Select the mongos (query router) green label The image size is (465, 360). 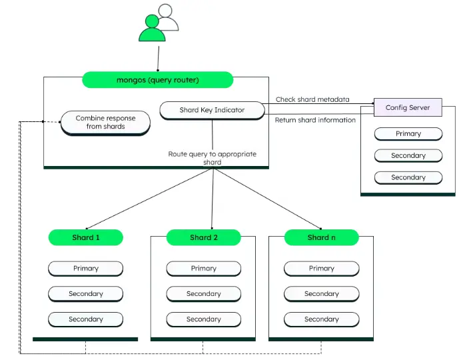point(158,80)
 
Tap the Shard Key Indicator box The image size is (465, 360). point(212,110)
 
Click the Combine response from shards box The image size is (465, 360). point(105,123)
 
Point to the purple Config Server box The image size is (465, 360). point(408,107)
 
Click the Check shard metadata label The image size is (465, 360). point(312,99)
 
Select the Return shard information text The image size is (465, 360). point(315,120)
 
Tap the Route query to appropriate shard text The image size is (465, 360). point(212,158)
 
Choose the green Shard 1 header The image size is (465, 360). point(86,237)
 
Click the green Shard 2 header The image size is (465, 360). point(203,237)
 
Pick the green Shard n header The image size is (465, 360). point(321,237)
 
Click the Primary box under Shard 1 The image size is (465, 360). point(86,269)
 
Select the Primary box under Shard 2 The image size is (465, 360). point(203,269)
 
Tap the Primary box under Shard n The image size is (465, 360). point(321,269)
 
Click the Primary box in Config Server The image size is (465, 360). point(408,133)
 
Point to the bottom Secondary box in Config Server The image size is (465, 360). point(408,177)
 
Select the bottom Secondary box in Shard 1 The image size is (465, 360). point(86,319)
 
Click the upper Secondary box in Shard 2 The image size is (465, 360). point(203,294)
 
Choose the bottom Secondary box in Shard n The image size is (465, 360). point(321,319)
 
